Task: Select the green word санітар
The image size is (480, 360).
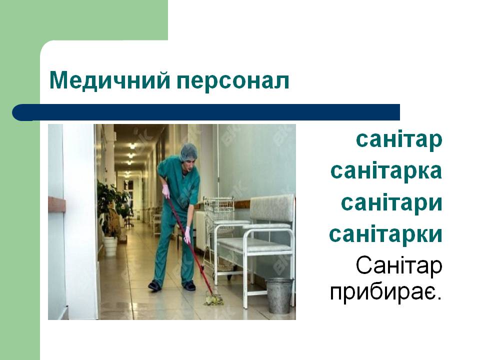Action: (x=399, y=139)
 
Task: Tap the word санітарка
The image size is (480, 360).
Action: (x=386, y=171)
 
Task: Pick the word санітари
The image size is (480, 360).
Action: (x=392, y=203)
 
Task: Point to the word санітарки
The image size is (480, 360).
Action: (x=385, y=234)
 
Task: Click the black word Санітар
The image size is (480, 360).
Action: (x=399, y=265)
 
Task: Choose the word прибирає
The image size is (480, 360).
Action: (x=386, y=293)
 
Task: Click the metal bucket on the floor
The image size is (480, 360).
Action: (x=279, y=295)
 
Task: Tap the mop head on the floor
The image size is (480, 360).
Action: (x=214, y=300)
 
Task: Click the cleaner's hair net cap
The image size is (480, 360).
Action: (x=188, y=151)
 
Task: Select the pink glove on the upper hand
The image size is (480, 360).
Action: (x=165, y=191)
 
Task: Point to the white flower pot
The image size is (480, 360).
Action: (x=110, y=246)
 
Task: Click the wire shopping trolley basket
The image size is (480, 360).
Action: (x=219, y=209)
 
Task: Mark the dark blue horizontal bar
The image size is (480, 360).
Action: (x=206, y=112)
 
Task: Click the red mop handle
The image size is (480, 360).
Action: (x=190, y=245)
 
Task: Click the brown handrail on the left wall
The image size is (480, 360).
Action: (x=57, y=204)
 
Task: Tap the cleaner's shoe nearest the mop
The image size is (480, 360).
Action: (x=189, y=285)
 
